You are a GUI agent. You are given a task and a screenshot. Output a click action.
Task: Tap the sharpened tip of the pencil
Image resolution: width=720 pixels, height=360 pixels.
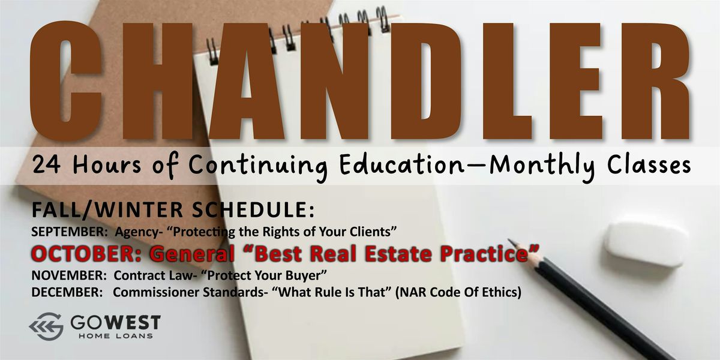tap(509, 240)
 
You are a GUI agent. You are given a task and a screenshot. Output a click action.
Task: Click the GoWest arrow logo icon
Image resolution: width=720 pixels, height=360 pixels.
tap(46, 326)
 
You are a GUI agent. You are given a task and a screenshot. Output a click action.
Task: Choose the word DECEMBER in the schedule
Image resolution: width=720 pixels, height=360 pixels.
tap(67, 292)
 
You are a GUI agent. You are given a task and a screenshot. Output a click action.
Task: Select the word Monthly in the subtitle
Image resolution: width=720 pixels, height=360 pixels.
tap(542, 167)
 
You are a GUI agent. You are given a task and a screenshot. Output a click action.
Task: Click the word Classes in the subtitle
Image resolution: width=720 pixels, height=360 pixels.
tap(649, 164)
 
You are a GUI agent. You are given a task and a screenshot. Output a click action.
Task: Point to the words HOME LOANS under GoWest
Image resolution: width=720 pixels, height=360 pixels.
tap(115, 336)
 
